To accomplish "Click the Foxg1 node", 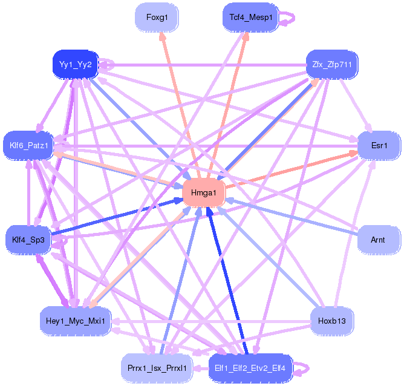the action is [x=157, y=18].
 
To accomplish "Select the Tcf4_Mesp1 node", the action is [x=250, y=18].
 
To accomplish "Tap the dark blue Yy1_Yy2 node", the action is [x=76, y=64].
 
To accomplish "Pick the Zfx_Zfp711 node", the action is [x=332, y=64].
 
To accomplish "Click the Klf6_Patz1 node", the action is [x=28, y=146].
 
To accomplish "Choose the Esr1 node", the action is [x=379, y=146].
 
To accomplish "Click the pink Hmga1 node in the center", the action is [x=204, y=193].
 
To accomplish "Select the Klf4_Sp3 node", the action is [x=28, y=240].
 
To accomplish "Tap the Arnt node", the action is [x=378, y=240].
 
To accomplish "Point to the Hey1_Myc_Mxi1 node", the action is [x=76, y=321].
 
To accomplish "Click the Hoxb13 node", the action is [x=332, y=321].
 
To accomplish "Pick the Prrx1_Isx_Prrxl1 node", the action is [x=157, y=368].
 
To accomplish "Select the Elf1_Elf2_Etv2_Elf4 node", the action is [x=250, y=368].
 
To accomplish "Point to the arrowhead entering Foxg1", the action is [x=162, y=36].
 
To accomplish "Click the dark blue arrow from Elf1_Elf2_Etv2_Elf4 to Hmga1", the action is [x=227, y=280].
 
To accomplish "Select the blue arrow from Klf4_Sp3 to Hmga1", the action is [x=117, y=217].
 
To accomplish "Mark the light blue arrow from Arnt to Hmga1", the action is [x=292, y=216].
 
